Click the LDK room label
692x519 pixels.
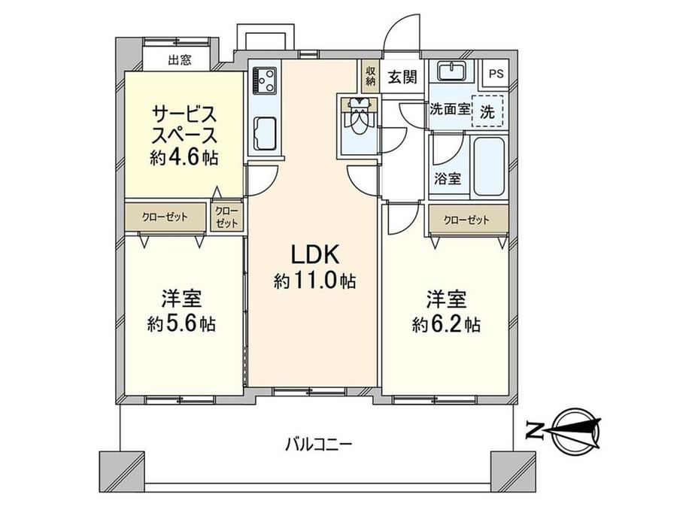pos(314,255)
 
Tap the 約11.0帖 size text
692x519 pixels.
pos(314,281)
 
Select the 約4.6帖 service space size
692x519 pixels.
pos(184,157)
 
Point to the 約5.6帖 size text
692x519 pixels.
pos(181,324)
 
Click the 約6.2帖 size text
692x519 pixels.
pos(446,325)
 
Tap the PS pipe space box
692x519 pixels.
pos(496,74)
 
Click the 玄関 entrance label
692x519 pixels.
pos(402,77)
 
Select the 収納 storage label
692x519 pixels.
pos(370,76)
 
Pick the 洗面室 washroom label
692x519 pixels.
pos(450,109)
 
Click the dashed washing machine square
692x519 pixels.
pos(487,111)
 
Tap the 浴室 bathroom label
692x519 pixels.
pos(448,179)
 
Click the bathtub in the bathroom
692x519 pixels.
pos(488,166)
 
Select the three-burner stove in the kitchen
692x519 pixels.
pos(264,80)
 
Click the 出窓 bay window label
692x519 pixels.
pos(180,59)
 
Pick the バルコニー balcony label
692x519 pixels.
pos(318,442)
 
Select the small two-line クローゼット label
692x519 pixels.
pos(226,217)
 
